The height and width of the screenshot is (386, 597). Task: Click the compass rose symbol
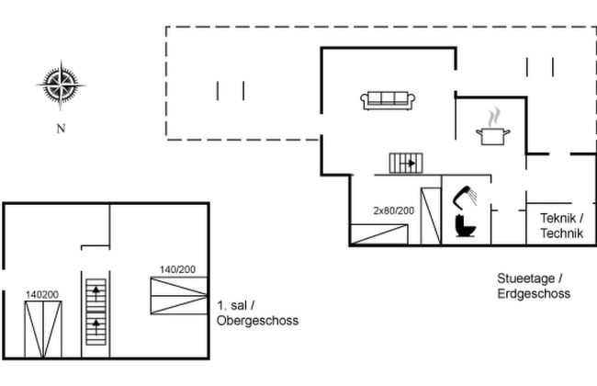62,85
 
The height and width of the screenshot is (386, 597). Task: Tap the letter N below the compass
62,129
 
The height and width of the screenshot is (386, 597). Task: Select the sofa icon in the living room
389,99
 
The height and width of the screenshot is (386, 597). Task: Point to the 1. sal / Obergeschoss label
256,312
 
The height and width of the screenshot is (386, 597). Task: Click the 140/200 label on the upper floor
178,269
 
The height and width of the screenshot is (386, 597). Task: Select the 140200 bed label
42,294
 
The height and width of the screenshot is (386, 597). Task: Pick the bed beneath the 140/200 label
178,295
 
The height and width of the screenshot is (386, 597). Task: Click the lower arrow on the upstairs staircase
95,324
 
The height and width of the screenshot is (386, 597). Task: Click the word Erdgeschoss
535,294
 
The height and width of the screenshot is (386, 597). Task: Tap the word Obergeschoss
258,321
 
